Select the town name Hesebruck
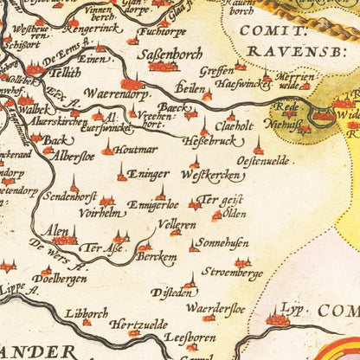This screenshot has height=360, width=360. pos(209,139)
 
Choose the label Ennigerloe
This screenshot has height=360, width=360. pos(152,205)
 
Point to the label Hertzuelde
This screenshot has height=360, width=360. pos(138,325)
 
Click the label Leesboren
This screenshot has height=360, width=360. pos(189,340)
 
